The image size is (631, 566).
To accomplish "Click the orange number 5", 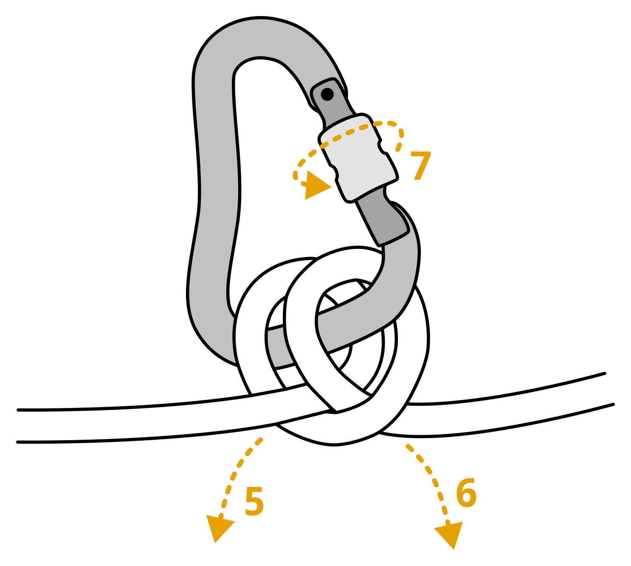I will click(x=254, y=501).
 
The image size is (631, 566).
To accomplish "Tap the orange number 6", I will click(x=466, y=493).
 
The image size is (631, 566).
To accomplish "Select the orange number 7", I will click(x=420, y=166).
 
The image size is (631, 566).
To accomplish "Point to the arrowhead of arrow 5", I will click(x=219, y=527).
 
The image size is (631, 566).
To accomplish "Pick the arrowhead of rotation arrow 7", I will click(x=316, y=186).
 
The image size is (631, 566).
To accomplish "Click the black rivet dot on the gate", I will click(x=327, y=94).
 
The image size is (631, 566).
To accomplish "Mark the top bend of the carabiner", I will click(x=259, y=36).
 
